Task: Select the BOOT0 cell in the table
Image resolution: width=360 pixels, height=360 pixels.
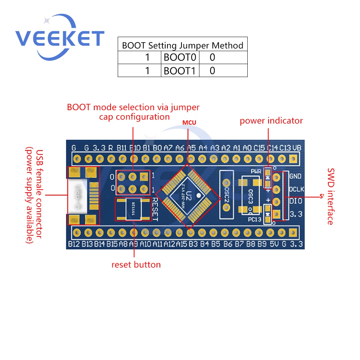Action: [x=180, y=58]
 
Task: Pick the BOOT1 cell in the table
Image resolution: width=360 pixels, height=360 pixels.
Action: [x=180, y=71]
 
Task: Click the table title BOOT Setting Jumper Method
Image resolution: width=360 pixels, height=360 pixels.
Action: [x=183, y=45]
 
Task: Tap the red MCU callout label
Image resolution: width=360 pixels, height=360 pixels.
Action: [x=189, y=122]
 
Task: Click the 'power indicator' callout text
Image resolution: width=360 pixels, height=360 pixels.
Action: [x=271, y=121]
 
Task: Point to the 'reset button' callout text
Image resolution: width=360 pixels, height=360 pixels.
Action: [x=136, y=265]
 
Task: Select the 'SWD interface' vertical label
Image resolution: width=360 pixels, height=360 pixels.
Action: [x=330, y=196]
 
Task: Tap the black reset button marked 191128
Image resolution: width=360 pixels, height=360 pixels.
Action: [x=134, y=209]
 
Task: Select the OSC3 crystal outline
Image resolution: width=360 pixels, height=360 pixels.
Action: [x=250, y=196]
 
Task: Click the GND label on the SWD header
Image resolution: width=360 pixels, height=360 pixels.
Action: [x=295, y=176]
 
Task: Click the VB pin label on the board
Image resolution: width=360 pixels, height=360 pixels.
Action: [x=297, y=148]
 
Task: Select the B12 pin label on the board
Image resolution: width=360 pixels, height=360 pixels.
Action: [x=73, y=244]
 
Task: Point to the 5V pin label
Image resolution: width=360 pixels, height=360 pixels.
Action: [x=274, y=244]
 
